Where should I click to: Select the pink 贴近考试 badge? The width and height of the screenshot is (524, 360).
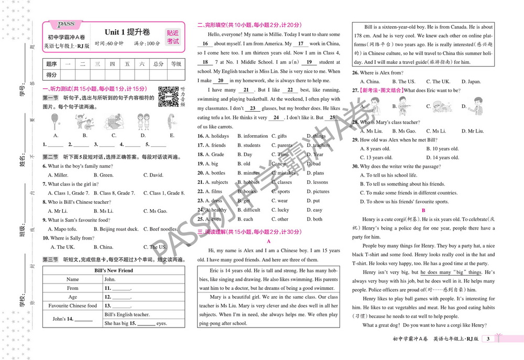(x=172, y=37)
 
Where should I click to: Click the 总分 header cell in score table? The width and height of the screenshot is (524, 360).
(x=158, y=64)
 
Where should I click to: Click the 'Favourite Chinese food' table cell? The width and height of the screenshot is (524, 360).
(x=73, y=306)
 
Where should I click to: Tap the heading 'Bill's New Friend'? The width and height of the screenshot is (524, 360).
(x=114, y=270)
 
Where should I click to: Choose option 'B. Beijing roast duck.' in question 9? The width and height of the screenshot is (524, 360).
(x=119, y=229)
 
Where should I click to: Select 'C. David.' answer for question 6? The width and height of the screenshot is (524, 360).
(x=153, y=175)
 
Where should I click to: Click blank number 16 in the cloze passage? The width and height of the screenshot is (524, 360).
(x=205, y=44)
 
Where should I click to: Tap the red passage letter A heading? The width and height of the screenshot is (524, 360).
(x=268, y=242)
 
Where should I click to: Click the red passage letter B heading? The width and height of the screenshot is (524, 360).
(x=423, y=210)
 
